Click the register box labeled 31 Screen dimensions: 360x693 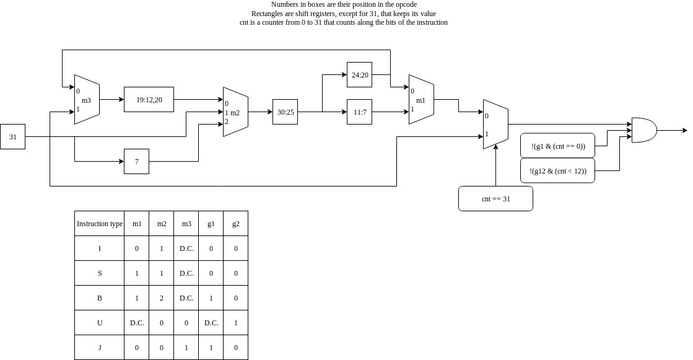coord(12,136)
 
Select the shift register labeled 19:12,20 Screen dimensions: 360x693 coord(149,99)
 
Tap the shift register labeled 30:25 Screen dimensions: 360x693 coord(285,112)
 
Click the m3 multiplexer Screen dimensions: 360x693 coord(87,100)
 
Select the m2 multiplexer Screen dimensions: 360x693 coord(235,112)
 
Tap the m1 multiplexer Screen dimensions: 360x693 coord(421,100)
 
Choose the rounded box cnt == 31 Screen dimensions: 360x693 coord(495,198)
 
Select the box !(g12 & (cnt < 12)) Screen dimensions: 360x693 coord(558,170)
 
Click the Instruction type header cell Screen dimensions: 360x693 coord(99,224)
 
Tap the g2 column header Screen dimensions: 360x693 coord(235,224)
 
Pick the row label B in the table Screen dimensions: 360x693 coord(99,298)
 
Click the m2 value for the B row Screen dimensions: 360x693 coord(161,298)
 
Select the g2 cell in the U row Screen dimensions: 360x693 coord(235,323)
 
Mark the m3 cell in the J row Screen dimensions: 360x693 coord(186,348)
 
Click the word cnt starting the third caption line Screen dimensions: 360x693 coord(244,22)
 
